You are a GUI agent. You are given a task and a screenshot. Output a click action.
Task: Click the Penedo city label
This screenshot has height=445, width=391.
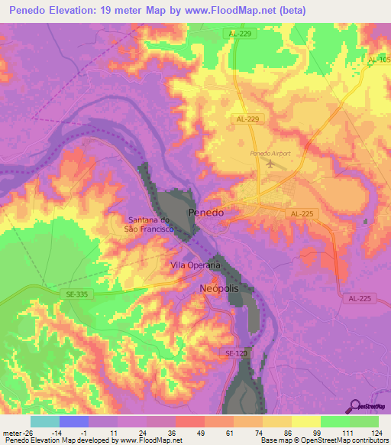[x=206, y=213]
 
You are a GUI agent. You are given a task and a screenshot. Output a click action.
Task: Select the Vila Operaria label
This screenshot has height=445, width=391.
[x=195, y=265]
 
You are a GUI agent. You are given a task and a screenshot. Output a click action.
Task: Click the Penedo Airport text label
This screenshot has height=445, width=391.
[x=270, y=154]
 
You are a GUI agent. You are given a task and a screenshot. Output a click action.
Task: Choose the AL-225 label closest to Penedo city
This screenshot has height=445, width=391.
[x=302, y=215]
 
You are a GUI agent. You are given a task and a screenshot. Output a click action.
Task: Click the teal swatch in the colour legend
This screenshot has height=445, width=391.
[x=44, y=421]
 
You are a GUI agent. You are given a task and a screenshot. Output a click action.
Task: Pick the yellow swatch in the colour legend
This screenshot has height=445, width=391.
[x=305, y=421]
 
